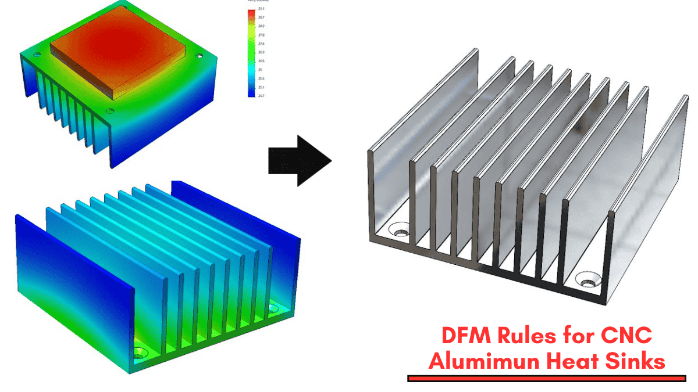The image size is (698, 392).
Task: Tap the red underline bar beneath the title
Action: (547, 379)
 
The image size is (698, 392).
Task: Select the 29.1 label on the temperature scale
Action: (261, 9)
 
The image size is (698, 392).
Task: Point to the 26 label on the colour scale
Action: (260, 69)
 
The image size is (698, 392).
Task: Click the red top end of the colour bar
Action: (251, 13)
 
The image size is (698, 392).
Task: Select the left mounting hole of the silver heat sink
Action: (400, 232)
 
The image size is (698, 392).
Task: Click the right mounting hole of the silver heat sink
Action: (587, 283)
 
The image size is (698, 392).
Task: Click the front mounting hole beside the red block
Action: (110, 110)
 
